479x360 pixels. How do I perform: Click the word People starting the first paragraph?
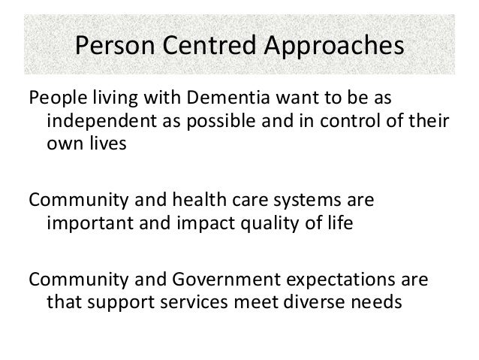(52, 99)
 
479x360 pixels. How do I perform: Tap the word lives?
(98, 144)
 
